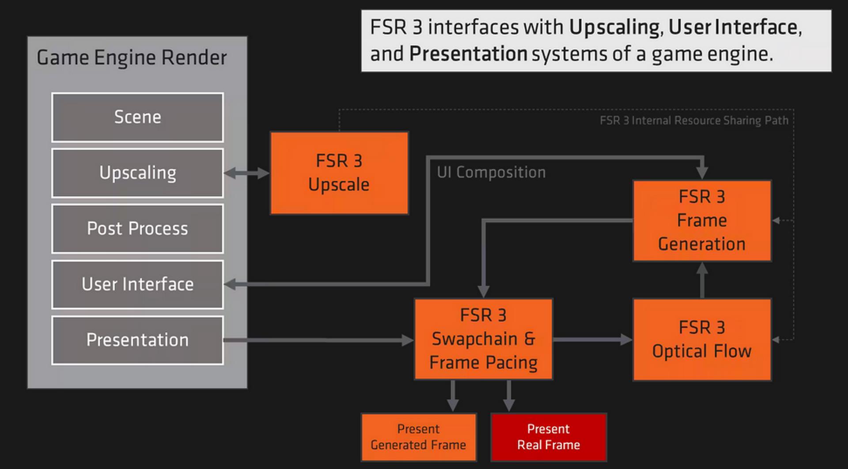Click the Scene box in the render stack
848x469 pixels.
point(137,117)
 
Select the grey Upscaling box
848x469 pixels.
point(137,173)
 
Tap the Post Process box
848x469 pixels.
point(137,229)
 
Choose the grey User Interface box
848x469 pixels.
point(137,284)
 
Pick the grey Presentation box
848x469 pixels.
point(137,340)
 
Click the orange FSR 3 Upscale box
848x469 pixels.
point(339,173)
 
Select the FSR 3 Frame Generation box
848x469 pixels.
point(702,220)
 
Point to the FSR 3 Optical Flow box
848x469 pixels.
point(702,339)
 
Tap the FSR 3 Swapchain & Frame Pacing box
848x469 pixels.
point(483,339)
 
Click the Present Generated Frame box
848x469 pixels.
point(418,437)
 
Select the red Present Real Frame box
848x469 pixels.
point(549,437)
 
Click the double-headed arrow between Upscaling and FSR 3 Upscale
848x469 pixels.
point(246,173)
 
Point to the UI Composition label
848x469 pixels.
point(491,172)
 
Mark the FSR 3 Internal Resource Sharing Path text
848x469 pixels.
point(693,121)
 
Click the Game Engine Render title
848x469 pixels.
point(132,57)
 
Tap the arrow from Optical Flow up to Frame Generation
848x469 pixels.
point(702,279)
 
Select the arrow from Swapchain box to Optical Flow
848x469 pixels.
point(592,339)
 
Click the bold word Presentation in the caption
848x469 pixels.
point(468,54)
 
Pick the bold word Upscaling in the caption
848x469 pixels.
point(614,27)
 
